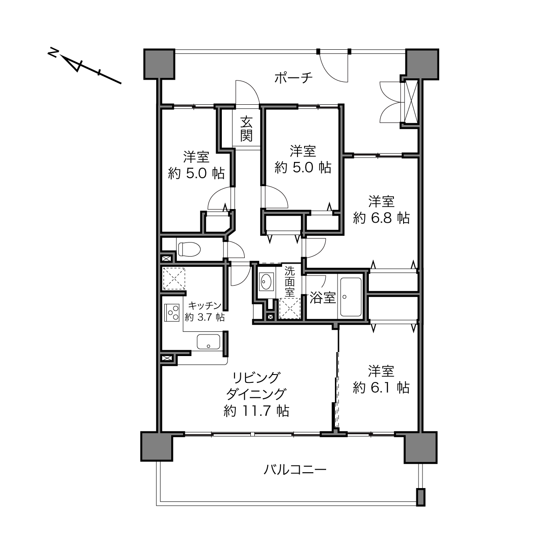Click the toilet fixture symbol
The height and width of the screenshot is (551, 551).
pyautogui.click(x=189, y=249)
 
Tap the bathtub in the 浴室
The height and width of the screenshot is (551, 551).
pyautogui.click(x=351, y=297)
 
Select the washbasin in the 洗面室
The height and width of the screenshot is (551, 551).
pyautogui.click(x=266, y=281)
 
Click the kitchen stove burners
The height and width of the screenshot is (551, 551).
pyautogui.click(x=172, y=312)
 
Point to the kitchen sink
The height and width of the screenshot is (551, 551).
pyautogui.click(x=209, y=342)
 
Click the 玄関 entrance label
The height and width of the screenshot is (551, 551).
pyautogui.click(x=246, y=129)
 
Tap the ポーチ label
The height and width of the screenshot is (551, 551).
pyautogui.click(x=294, y=78)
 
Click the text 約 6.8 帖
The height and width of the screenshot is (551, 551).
pyautogui.click(x=381, y=218)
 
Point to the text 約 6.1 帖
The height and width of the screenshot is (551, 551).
pyautogui.click(x=381, y=388)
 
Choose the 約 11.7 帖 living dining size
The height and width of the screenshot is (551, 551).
pyautogui.click(x=256, y=411)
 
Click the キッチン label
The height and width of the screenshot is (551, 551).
pyautogui.click(x=205, y=306)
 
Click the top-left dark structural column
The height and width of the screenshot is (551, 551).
pyautogui.click(x=159, y=64)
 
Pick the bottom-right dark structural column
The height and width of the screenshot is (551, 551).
pyautogui.click(x=420, y=447)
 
